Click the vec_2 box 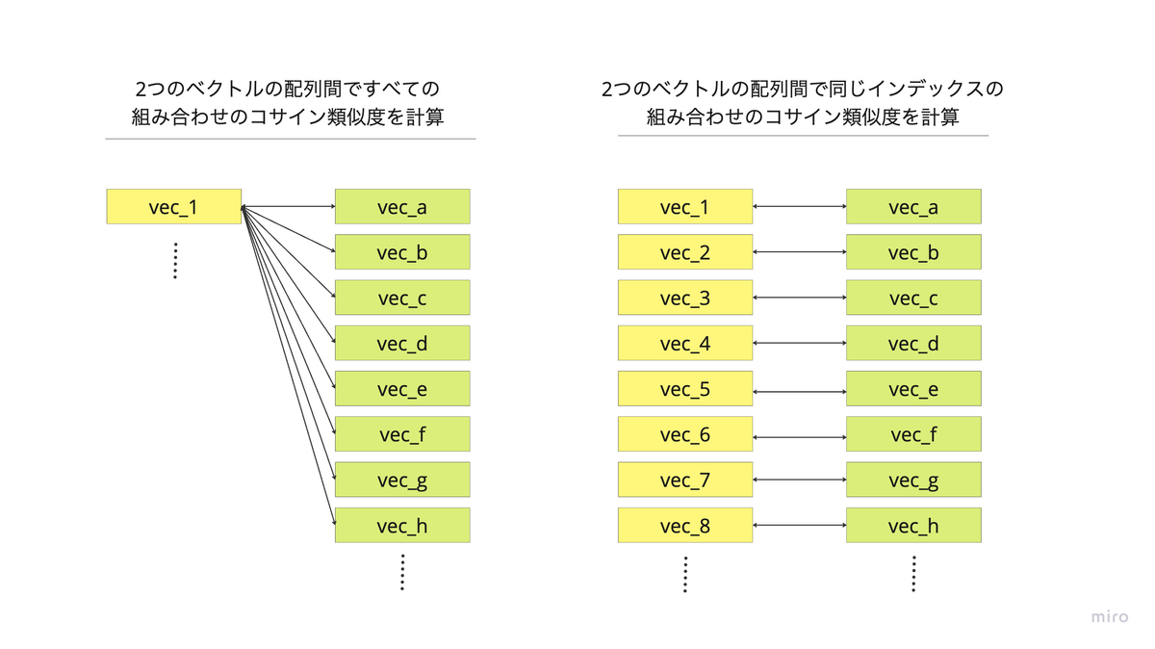point(684,252)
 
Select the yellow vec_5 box point(684,389)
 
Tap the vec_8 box point(684,526)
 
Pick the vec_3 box point(684,299)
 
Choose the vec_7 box point(684,480)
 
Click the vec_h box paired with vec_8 point(913,526)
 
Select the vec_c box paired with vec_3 point(913,299)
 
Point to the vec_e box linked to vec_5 point(913,389)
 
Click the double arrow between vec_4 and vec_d point(799,343)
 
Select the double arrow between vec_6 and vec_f point(799,437)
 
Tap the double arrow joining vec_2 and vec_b point(799,252)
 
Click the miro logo point(1110,617)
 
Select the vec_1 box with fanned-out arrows point(173,207)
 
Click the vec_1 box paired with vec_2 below point(684,207)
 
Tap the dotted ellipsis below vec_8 point(684,574)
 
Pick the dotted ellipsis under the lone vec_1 point(175,260)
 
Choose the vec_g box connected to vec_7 point(913,480)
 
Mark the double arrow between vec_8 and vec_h point(799,526)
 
